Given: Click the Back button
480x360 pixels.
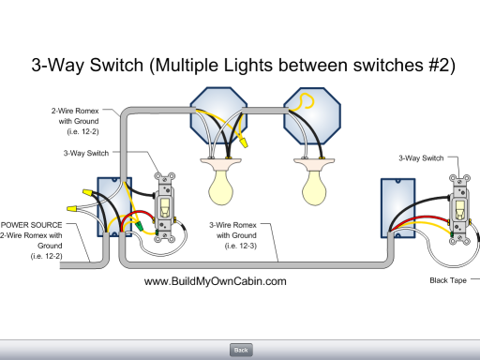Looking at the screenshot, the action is tap(241, 350).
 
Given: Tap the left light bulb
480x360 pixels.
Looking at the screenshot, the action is tap(221, 187).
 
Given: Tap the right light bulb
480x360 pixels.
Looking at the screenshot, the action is tap(314, 187).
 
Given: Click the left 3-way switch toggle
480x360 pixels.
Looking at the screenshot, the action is tap(165, 207).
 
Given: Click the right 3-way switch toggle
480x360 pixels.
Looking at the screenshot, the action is tap(459, 210).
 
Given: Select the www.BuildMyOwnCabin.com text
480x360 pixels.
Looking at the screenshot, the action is tap(216, 281).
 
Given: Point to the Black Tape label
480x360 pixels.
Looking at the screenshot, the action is tap(448, 280).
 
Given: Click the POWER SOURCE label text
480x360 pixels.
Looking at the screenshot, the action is tap(32, 225).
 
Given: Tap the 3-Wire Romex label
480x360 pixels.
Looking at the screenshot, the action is tap(232, 225).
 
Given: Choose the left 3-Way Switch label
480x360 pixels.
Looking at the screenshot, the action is tap(86, 153).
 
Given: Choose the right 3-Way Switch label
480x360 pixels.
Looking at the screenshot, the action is tap(421, 158).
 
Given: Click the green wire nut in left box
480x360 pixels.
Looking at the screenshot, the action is tap(139, 226).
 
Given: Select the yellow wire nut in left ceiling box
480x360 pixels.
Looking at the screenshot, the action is tap(244, 142).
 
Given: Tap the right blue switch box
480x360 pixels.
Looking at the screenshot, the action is tap(397, 208).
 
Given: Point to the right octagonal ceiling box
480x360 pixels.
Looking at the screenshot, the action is tap(312, 115).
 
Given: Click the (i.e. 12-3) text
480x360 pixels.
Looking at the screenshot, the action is tap(241, 246).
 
